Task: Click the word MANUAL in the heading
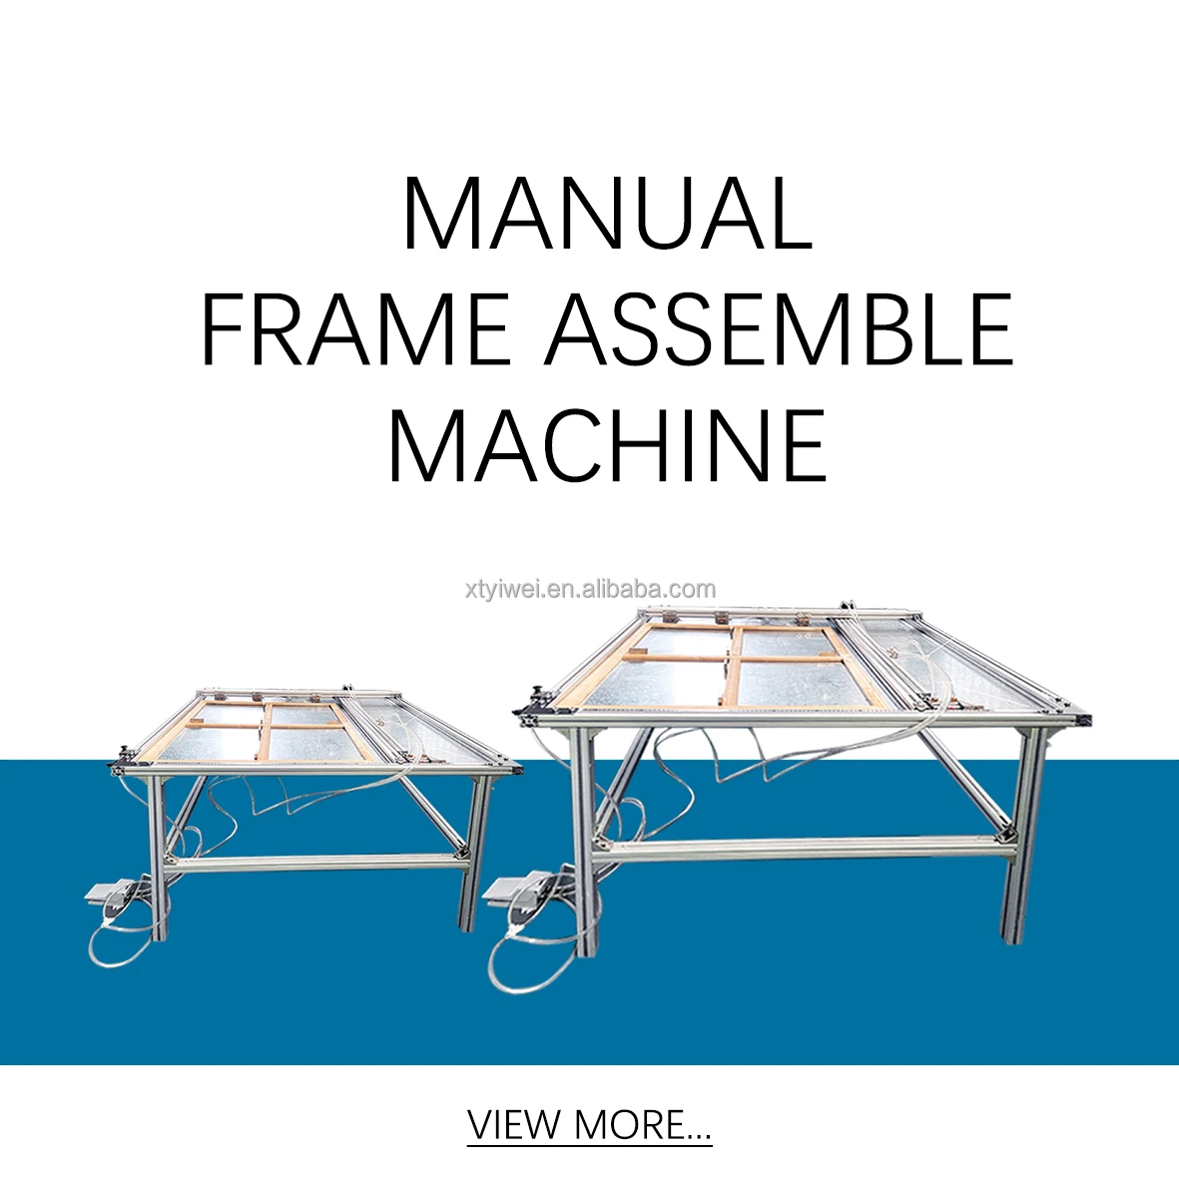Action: pos(607,214)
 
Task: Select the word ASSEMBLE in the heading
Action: pos(780,328)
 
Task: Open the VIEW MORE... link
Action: pos(589,1125)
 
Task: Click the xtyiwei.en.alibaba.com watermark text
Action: pos(590,589)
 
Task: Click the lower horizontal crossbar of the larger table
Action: pos(799,848)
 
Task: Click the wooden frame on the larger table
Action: pos(734,664)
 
